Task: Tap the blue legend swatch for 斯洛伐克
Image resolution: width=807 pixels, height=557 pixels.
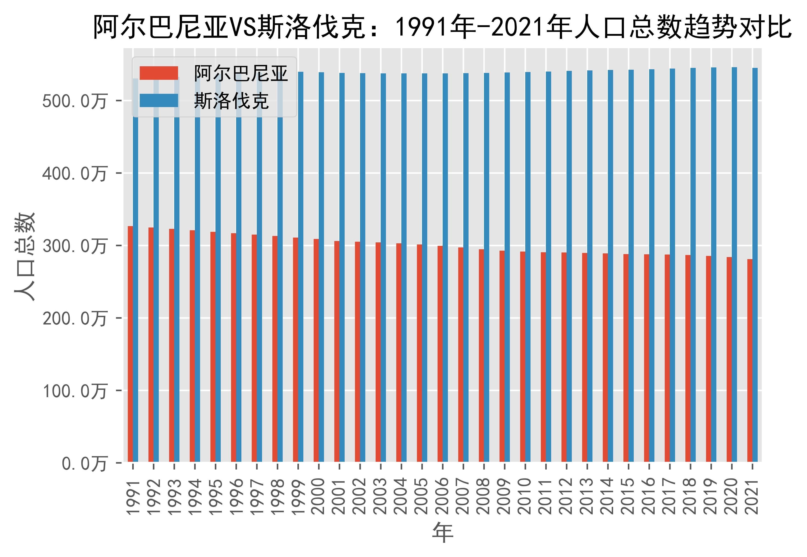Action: [159, 100]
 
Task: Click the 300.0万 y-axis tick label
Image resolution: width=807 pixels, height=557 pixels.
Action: [74, 246]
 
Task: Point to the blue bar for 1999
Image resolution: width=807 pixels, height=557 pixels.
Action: [301, 267]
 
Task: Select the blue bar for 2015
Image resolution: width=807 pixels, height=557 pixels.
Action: [631, 266]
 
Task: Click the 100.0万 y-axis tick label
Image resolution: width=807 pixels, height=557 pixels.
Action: [74, 391]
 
